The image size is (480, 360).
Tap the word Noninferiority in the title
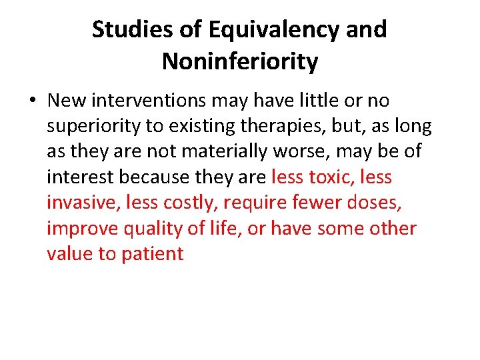click(240, 62)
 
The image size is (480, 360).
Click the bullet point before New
click(32, 101)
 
